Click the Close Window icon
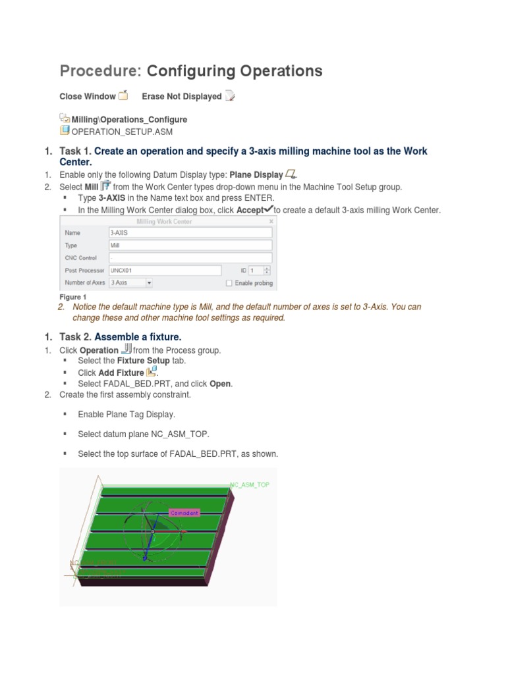click(123, 96)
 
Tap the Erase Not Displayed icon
click(229, 96)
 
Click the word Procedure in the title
click(100, 71)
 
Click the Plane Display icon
click(290, 174)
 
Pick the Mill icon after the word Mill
click(105, 186)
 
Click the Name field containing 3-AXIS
click(190, 232)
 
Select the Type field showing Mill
click(190, 245)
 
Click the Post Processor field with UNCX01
click(164, 270)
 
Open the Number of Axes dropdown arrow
click(149, 282)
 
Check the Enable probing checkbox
click(229, 283)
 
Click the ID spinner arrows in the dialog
click(267, 270)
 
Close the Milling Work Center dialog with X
click(271, 222)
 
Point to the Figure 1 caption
click(72, 297)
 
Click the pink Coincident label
click(184, 512)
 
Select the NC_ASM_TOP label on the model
click(250, 484)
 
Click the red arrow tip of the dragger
click(153, 532)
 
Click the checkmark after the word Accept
click(267, 209)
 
